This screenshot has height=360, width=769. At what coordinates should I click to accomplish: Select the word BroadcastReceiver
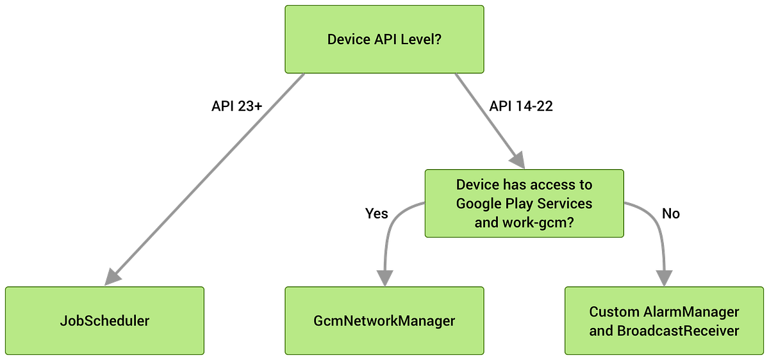point(678,331)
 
